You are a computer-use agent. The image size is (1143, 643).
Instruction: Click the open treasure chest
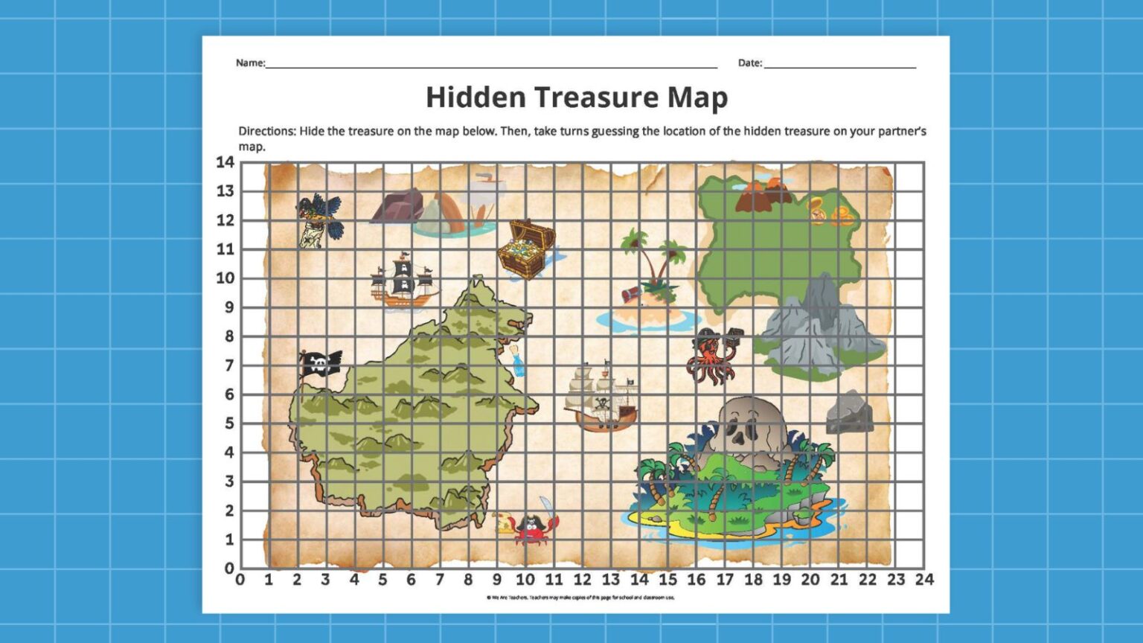[x=527, y=249]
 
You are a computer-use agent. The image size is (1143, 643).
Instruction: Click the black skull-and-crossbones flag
[x=320, y=363]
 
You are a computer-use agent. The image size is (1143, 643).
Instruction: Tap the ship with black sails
[x=403, y=281]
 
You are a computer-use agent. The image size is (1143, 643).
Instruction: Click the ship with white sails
[x=601, y=398]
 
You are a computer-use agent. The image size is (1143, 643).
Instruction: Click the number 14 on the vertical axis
[x=225, y=162]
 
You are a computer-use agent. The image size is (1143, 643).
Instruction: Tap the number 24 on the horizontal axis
[x=924, y=580]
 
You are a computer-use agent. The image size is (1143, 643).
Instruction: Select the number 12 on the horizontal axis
[x=582, y=580]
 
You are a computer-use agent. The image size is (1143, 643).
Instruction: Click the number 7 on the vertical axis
[x=229, y=365]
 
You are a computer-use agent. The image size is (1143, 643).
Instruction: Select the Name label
[x=250, y=63]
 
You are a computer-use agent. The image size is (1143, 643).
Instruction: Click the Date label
[x=750, y=63]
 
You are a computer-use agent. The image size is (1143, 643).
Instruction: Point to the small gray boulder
[x=850, y=413]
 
